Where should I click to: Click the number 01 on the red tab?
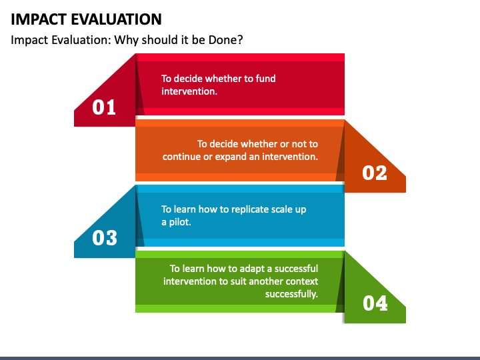click(x=104, y=107)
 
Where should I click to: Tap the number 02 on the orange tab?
click(x=375, y=173)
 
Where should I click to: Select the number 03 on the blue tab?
click(x=104, y=238)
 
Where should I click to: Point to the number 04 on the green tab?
click(x=375, y=304)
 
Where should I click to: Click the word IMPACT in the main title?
click(x=40, y=19)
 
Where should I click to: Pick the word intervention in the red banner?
click(x=189, y=91)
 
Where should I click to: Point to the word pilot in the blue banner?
click(x=181, y=222)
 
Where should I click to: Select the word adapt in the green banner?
click(x=243, y=269)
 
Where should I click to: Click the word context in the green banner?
click(x=300, y=281)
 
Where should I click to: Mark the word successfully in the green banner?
click(x=291, y=294)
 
